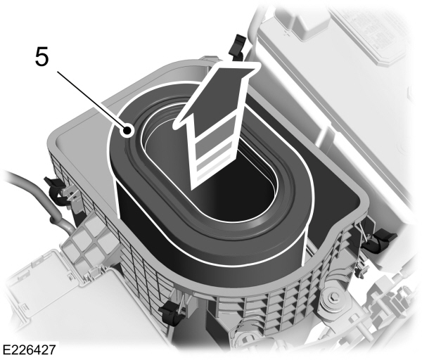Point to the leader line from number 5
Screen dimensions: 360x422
(x=91, y=98)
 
